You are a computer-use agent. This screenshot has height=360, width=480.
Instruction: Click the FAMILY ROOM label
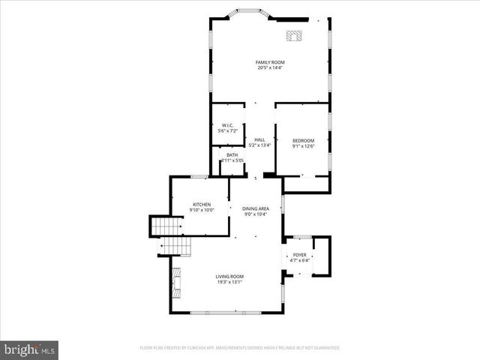click(x=270, y=62)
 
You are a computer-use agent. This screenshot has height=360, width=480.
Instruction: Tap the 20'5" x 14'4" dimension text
click(x=270, y=68)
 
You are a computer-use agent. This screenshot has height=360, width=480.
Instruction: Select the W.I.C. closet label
click(x=227, y=125)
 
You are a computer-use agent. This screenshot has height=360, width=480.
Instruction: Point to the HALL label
click(x=259, y=139)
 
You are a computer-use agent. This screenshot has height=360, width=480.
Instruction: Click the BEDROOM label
click(x=303, y=140)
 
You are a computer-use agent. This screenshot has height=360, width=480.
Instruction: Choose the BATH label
click(x=232, y=154)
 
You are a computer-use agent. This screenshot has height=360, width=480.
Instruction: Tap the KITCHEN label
click(x=202, y=204)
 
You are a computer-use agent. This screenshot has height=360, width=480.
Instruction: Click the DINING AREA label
click(x=256, y=208)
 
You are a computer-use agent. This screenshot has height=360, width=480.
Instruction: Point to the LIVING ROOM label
click(x=229, y=276)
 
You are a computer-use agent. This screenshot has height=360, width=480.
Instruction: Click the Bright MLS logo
click(x=30, y=349)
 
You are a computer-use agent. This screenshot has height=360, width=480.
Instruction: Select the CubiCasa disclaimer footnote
click(x=240, y=348)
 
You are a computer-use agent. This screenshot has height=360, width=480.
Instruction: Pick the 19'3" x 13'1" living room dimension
click(x=229, y=282)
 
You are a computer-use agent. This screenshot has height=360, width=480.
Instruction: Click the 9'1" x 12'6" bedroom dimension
click(x=303, y=146)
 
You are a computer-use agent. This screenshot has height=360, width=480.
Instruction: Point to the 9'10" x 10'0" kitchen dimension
click(x=202, y=210)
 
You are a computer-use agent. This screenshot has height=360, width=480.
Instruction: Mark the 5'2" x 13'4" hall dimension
click(x=259, y=145)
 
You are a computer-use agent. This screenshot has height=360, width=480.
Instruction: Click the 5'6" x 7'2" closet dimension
click(x=227, y=131)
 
